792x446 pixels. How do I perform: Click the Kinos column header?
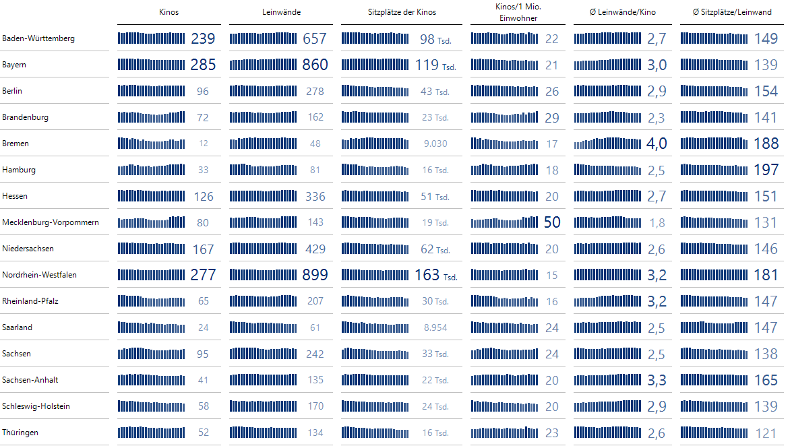[x=169, y=12]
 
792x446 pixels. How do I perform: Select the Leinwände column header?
[x=281, y=12]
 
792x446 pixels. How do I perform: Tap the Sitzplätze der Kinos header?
[x=402, y=12]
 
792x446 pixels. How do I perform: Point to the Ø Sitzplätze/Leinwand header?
[x=732, y=12]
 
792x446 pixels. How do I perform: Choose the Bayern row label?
[x=14, y=65]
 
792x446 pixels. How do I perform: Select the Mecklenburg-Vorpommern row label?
[x=51, y=222]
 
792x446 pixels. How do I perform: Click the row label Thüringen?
[x=20, y=433]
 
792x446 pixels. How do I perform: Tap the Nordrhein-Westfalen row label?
[x=39, y=275]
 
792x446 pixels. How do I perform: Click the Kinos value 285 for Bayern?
[x=203, y=65]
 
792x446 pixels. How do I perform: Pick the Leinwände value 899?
[x=315, y=275]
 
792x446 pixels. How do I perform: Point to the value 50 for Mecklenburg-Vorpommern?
[x=552, y=222]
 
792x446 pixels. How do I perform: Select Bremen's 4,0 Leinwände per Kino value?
[x=657, y=144]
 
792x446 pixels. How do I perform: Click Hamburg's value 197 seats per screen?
[x=766, y=170]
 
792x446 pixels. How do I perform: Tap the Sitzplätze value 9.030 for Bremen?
[x=435, y=144]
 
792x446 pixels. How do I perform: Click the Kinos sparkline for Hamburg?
[x=151, y=170]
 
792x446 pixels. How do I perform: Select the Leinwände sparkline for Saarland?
[x=263, y=327]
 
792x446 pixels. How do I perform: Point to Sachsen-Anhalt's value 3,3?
[x=657, y=380]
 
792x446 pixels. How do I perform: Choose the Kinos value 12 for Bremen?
[x=204, y=144]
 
